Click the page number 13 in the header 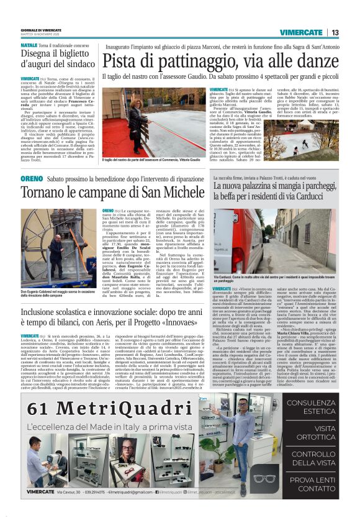[335, 32]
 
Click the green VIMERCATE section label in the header [301, 32]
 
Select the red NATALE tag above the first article [29, 46]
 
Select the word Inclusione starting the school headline [42, 311]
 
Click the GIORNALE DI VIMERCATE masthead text [41, 30]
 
